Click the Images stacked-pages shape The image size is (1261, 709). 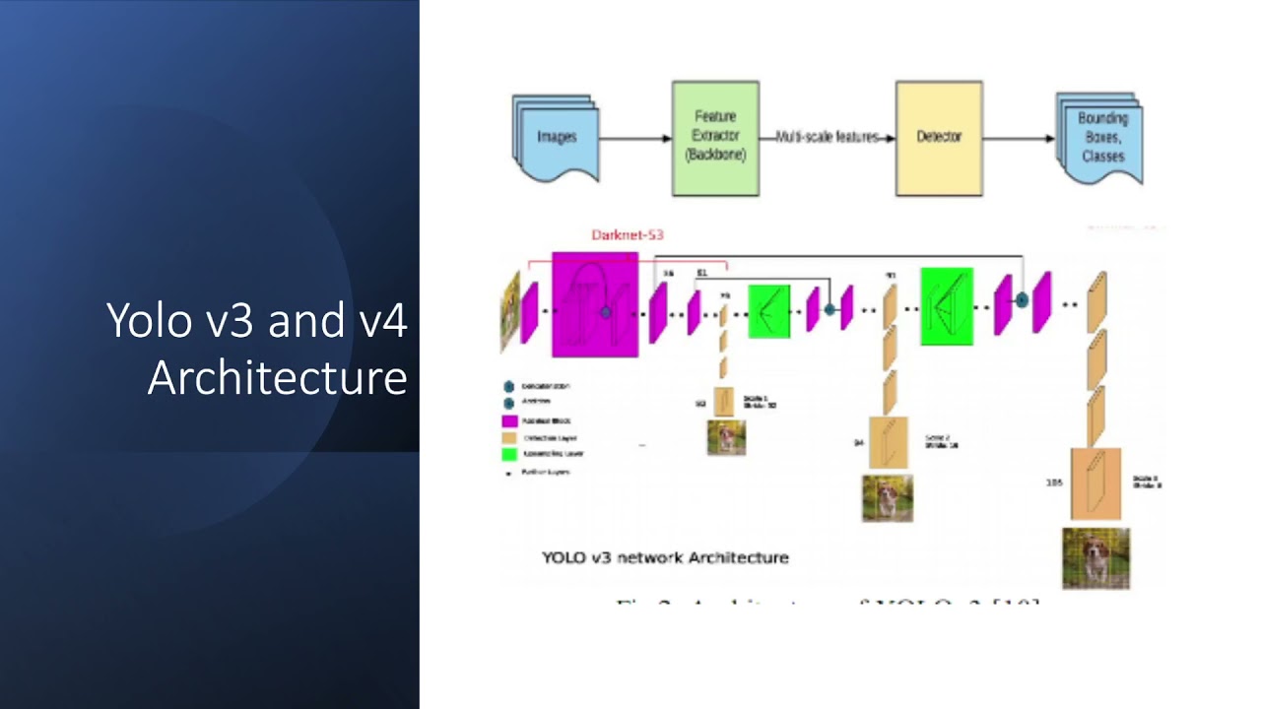pyautogui.click(x=555, y=138)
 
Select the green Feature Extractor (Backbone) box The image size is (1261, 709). pyautogui.click(x=715, y=138)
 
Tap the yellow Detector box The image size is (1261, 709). pyautogui.click(x=938, y=138)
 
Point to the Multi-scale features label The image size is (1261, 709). pyautogui.click(x=827, y=138)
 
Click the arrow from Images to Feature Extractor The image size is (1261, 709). pyautogui.click(x=634, y=138)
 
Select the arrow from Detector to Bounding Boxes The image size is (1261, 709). pyautogui.click(x=1019, y=138)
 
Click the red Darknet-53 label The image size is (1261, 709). pyautogui.click(x=627, y=235)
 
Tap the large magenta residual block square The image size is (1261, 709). pyautogui.click(x=594, y=304)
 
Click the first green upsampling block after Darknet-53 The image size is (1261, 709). pyautogui.click(x=769, y=310)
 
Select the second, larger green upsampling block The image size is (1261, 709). pyautogui.click(x=947, y=306)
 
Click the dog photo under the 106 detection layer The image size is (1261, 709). pyautogui.click(x=1095, y=558)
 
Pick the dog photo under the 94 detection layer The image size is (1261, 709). pyautogui.click(x=887, y=498)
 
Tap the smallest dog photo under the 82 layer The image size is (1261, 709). pyautogui.click(x=726, y=437)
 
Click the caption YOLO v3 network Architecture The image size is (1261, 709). pyautogui.click(x=665, y=557)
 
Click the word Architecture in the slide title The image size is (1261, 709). pyautogui.click(x=277, y=378)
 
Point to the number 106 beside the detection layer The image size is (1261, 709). pyautogui.click(x=1053, y=483)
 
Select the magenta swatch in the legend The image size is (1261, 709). pyautogui.click(x=509, y=420)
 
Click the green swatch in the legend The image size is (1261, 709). pyautogui.click(x=509, y=455)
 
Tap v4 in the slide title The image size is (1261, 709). pyautogui.click(x=382, y=321)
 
